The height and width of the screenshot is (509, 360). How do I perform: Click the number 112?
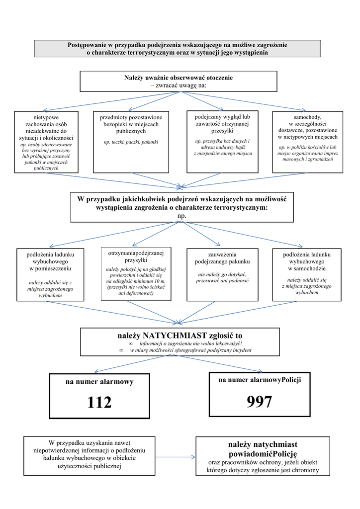(x=99, y=402)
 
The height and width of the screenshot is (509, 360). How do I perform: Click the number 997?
(x=259, y=401)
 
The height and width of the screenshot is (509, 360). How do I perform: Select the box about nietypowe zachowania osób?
(x=46, y=142)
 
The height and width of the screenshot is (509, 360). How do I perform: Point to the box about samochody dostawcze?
(x=307, y=141)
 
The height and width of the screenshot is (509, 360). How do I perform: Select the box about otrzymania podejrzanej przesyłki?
(x=136, y=273)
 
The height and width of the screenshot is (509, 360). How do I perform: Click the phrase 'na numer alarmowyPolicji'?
(x=259, y=380)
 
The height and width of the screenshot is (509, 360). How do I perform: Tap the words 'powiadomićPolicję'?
(x=263, y=454)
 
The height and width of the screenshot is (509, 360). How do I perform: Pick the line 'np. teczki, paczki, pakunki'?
(x=131, y=142)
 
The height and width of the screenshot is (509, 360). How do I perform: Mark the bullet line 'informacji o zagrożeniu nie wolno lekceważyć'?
(x=190, y=343)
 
